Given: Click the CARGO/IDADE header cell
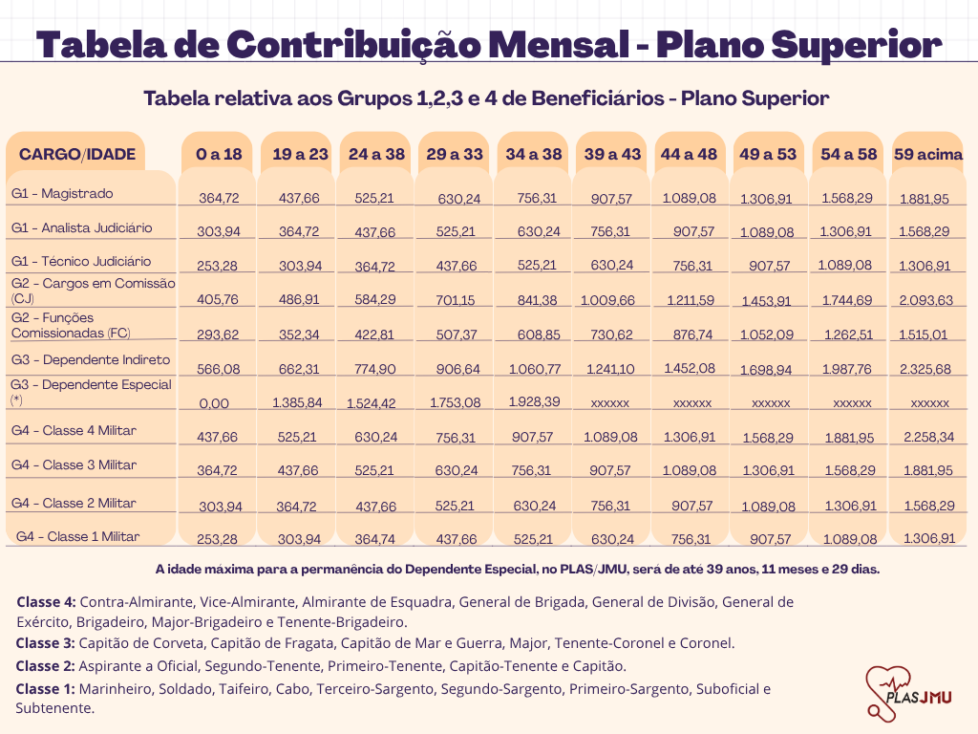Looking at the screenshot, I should pyautogui.click(x=77, y=154).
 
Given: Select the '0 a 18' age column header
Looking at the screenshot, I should pyautogui.click(x=219, y=154).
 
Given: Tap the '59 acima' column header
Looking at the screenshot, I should pyautogui.click(x=927, y=154).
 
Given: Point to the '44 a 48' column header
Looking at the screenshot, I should pyautogui.click(x=689, y=154).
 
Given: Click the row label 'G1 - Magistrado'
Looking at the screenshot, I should pyautogui.click(x=62, y=193).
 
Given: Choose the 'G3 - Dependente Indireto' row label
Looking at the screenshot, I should pyautogui.click(x=91, y=359).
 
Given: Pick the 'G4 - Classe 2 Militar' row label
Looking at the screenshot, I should pyautogui.click(x=74, y=503).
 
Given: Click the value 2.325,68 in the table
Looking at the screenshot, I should pyautogui.click(x=927, y=369).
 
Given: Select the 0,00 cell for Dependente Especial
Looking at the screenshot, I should pyautogui.click(x=214, y=403).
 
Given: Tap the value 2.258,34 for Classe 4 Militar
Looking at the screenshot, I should pyautogui.click(x=927, y=437).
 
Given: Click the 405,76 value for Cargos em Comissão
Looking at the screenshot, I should pyautogui.click(x=219, y=300).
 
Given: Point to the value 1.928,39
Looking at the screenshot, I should pyautogui.click(x=535, y=401).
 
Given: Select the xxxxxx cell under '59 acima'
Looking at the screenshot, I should pyautogui.click(x=929, y=403).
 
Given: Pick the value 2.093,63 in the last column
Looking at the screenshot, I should pyautogui.click(x=927, y=300).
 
